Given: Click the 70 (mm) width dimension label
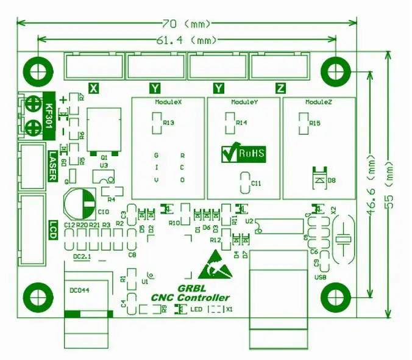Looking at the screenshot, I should pyautogui.click(x=187, y=24).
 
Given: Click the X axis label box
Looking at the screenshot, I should pyautogui.click(x=94, y=88).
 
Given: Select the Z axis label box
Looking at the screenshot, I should pyautogui.click(x=280, y=88).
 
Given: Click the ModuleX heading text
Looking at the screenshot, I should pyautogui.click(x=169, y=102).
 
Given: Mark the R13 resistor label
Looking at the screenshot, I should pyautogui.click(x=169, y=123).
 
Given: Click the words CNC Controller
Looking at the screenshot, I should pyautogui.click(x=191, y=298).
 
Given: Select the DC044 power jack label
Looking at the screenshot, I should pyautogui.click(x=80, y=290).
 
